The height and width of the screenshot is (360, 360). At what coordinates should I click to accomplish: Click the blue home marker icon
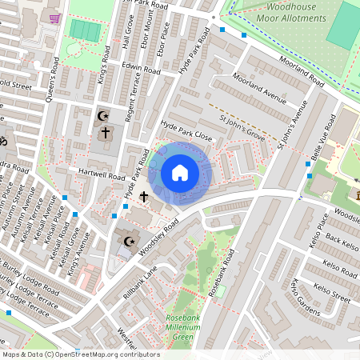[x=180, y=172]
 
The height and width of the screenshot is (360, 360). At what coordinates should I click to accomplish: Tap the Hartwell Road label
[x=102, y=174]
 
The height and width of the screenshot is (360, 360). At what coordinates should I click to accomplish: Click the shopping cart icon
[x=54, y=18]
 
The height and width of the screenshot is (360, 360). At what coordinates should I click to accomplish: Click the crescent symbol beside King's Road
[x=102, y=115]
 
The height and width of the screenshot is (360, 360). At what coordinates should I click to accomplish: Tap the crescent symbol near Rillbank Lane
[x=128, y=240]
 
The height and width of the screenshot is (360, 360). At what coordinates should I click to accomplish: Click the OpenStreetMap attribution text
[x=80, y=354]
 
